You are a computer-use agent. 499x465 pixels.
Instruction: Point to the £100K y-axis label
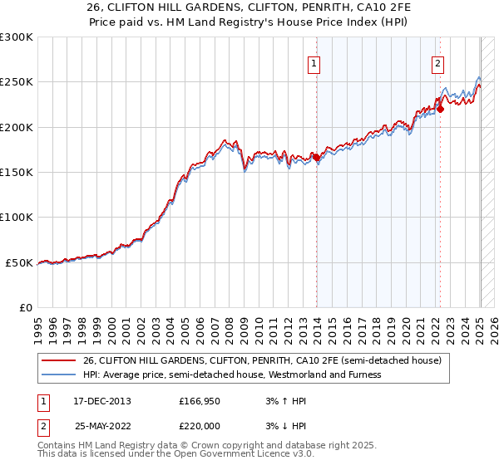17,217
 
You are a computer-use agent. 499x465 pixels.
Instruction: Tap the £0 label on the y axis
25,307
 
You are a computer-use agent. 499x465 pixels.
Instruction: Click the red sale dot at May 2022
441,109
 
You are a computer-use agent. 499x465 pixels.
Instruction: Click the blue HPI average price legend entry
232,374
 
